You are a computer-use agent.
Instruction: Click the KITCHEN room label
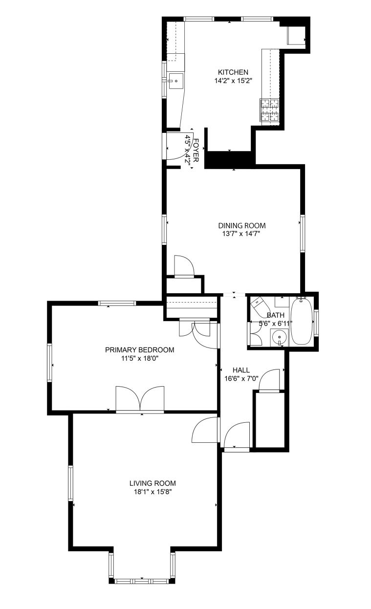tap(233, 72)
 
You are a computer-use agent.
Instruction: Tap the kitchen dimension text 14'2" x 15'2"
tap(233, 81)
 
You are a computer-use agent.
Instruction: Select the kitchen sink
tap(175, 81)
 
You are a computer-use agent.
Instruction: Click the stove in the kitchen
tap(270, 110)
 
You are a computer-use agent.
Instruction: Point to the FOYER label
tap(196, 151)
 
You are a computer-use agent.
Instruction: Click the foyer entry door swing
tap(179, 146)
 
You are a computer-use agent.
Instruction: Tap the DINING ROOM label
tap(242, 225)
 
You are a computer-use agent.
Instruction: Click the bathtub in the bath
tap(302, 321)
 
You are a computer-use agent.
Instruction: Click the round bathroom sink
tap(279, 337)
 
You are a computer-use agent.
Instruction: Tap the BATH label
tap(276, 315)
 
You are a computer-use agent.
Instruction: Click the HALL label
tap(241, 370)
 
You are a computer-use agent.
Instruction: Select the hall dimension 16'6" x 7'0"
tap(241, 378)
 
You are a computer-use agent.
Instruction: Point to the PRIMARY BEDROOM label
tap(139, 349)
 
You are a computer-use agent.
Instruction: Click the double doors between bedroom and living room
tap(140, 399)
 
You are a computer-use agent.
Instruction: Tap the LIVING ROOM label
tap(153, 483)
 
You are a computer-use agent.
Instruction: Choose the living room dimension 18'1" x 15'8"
tap(153, 492)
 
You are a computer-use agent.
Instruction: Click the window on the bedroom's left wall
tap(49, 363)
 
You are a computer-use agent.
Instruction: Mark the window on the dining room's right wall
tap(303, 233)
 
